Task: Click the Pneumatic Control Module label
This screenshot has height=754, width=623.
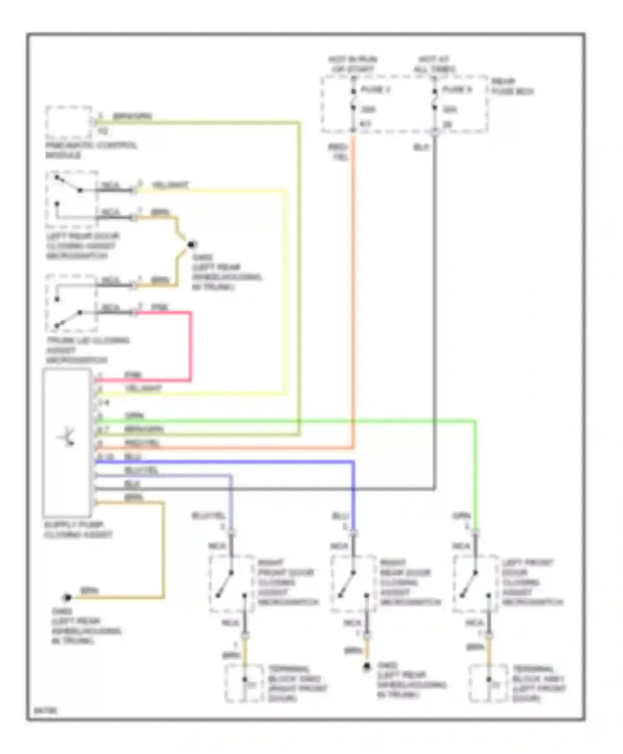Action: pyautogui.click(x=91, y=150)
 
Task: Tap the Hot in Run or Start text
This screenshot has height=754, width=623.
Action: pyautogui.click(x=353, y=64)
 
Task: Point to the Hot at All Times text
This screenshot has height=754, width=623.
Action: pyautogui.click(x=434, y=64)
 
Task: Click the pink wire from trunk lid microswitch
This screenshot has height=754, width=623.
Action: pyautogui.click(x=191, y=345)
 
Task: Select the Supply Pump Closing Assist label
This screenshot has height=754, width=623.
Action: pyautogui.click(x=78, y=530)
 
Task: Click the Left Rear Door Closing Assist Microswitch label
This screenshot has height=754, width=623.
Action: pyautogui.click(x=82, y=246)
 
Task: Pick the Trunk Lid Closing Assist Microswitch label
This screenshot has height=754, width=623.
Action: pyautogui.click(x=87, y=350)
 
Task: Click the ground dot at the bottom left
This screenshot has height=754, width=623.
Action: pyautogui.click(x=67, y=598)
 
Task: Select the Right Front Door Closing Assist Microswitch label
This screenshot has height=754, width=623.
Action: pyautogui.click(x=288, y=582)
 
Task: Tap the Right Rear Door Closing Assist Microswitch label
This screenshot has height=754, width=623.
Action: pyautogui.click(x=410, y=582)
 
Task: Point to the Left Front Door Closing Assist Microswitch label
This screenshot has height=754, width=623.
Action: pyautogui.click(x=532, y=582)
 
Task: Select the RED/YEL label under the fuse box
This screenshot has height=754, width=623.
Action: pyautogui.click(x=338, y=152)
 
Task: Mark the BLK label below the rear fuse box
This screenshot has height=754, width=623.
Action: pyautogui.click(x=421, y=147)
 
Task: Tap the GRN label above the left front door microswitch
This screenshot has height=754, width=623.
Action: pyautogui.click(x=461, y=516)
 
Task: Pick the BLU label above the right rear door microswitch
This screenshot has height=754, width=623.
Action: pyautogui.click(x=340, y=516)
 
